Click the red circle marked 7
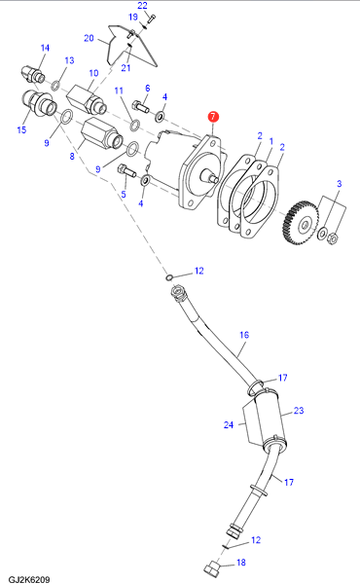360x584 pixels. tap(213, 117)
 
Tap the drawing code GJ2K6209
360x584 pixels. tap(29, 579)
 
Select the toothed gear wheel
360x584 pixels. tap(301, 223)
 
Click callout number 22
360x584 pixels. tap(143, 6)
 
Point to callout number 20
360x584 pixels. tap(89, 38)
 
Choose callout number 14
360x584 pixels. tap(45, 48)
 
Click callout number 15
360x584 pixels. tap(22, 129)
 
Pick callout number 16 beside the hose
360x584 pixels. tap(244, 335)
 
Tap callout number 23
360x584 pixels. tap(299, 410)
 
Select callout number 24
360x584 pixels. tap(229, 424)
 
